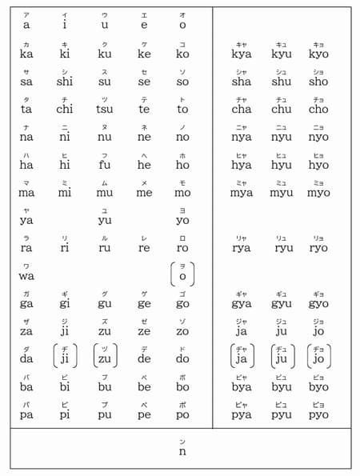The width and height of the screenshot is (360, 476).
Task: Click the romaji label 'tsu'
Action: [x=105, y=110]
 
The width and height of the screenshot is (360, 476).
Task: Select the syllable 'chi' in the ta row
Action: [x=65, y=110]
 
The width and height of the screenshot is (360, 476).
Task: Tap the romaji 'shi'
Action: [x=65, y=82]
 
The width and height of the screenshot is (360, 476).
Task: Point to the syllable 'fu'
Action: [x=105, y=165]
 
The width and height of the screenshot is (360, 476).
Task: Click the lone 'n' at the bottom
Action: [x=182, y=451]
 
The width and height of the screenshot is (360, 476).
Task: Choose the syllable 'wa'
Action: [x=26, y=276]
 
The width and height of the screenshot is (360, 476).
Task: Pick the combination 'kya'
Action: [x=241, y=54]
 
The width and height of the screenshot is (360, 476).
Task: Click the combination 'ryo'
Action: [x=318, y=248]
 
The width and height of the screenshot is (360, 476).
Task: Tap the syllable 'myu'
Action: [x=281, y=193]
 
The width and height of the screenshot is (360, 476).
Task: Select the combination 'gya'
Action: [x=241, y=304]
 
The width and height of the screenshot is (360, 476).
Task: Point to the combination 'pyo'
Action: [x=318, y=415]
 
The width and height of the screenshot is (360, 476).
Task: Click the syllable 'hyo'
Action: [x=318, y=165]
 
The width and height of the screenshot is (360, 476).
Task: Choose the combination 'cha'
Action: [x=241, y=110]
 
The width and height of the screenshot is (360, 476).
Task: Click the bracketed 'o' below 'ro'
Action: [x=182, y=276]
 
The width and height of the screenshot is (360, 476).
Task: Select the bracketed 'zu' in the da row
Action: [x=105, y=359]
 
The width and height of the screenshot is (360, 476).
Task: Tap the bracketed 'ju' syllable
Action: [x=281, y=359]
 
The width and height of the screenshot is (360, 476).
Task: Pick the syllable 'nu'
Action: [x=105, y=138]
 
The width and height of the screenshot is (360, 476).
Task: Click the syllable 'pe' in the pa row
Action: [x=144, y=415]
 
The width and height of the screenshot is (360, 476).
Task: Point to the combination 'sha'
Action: [x=241, y=82]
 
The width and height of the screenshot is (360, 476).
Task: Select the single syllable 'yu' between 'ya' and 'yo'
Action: [x=105, y=221]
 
